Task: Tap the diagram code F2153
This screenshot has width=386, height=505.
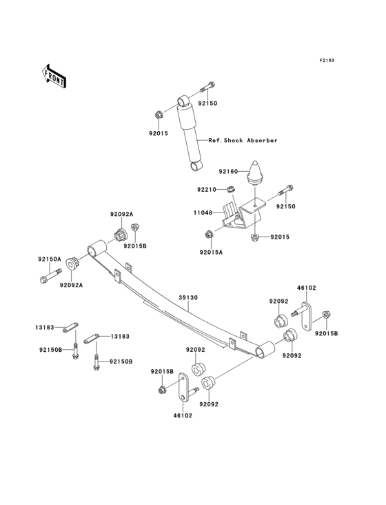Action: coord(326,61)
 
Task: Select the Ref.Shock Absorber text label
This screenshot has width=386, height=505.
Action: coord(243,140)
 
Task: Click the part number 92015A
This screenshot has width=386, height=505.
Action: coord(211,253)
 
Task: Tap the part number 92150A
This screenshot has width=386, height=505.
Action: coord(50,259)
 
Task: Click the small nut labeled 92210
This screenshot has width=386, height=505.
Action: coord(232,190)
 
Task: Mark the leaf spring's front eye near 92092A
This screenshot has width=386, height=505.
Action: coord(97,247)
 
